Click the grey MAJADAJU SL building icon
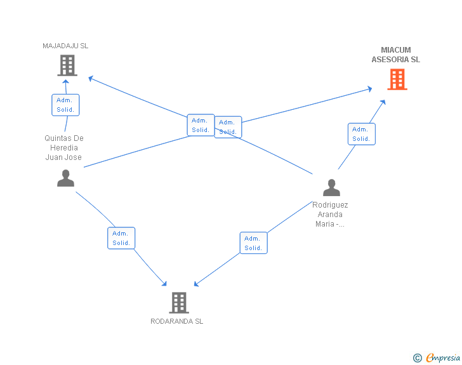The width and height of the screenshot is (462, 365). pyautogui.click(x=67, y=65)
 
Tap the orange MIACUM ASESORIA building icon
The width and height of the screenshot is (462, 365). pyautogui.click(x=397, y=79)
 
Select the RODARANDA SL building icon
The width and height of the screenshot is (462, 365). pyautogui.click(x=179, y=303)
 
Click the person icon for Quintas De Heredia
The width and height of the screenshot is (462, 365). pyautogui.click(x=65, y=178)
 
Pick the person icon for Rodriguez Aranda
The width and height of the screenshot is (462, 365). pyautogui.click(x=331, y=188)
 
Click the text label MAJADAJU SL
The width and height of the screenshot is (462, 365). pyautogui.click(x=65, y=46)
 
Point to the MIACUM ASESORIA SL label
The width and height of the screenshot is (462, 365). pyautogui.click(x=396, y=55)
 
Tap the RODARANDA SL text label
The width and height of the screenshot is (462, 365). pyautogui.click(x=177, y=321)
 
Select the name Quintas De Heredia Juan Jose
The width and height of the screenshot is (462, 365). pyautogui.click(x=63, y=148)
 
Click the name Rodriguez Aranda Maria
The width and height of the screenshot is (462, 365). pyautogui.click(x=330, y=215)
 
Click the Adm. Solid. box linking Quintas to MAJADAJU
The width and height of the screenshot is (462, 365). pyautogui.click(x=65, y=105)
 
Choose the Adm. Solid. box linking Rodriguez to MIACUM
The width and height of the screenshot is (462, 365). pyautogui.click(x=361, y=134)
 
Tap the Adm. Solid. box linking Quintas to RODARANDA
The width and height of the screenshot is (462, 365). pyautogui.click(x=121, y=238)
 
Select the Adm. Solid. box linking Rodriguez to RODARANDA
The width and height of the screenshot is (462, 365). pyautogui.click(x=253, y=243)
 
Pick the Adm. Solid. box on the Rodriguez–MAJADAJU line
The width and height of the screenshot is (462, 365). pyautogui.click(x=201, y=125)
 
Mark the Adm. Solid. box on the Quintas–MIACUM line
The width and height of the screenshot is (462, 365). pyautogui.click(x=228, y=127)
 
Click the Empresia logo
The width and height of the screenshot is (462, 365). pyautogui.click(x=443, y=358)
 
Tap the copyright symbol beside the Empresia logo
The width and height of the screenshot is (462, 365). pyautogui.click(x=418, y=359)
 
